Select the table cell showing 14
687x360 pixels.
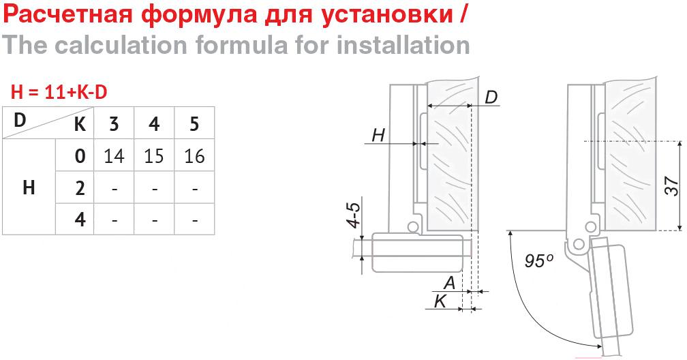click(114, 156)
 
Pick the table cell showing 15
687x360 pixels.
click(154, 156)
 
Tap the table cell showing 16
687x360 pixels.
click(194, 156)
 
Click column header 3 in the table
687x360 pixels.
click(114, 124)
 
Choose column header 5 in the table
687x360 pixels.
click(194, 124)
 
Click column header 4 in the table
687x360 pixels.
click(154, 124)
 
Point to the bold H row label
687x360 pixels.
click(29, 188)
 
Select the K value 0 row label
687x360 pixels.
click(80, 156)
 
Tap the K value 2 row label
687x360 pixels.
click(80, 188)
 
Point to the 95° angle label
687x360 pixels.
click(538, 260)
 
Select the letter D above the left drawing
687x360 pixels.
click(491, 97)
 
